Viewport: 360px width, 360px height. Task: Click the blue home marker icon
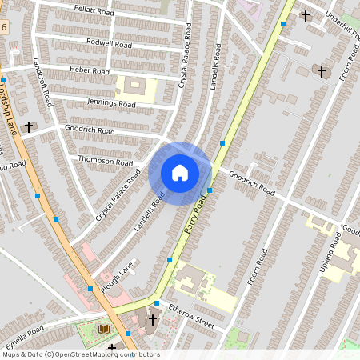click(x=180, y=172)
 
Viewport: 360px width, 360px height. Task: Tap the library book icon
click(x=103, y=328)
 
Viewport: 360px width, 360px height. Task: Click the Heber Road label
click(x=90, y=71)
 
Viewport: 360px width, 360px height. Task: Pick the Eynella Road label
click(x=23, y=333)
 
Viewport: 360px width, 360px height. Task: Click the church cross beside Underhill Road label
click(x=305, y=15)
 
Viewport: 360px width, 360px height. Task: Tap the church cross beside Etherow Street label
click(x=152, y=319)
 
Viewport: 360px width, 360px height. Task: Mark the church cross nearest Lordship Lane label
click(x=30, y=126)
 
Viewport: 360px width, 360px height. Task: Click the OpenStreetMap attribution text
click(x=81, y=354)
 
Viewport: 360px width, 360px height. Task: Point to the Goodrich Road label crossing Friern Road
click(x=251, y=183)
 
